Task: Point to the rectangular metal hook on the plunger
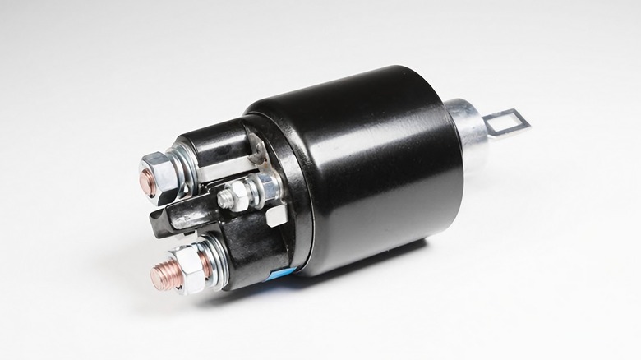coord(505,123)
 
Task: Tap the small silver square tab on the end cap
coord(274,215)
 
